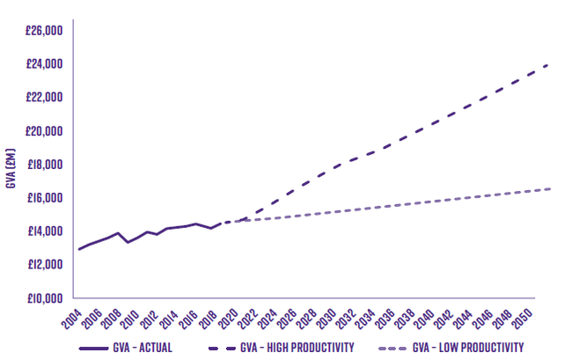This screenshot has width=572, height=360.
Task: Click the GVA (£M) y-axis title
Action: click(11, 167)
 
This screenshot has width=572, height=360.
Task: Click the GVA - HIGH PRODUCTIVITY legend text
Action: click(297, 348)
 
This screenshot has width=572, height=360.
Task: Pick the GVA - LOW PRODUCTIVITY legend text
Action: click(468, 348)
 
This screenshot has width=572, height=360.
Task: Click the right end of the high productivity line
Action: click(549, 64)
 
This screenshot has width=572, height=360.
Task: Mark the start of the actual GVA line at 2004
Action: click(78, 249)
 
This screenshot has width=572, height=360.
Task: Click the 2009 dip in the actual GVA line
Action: click(128, 242)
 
